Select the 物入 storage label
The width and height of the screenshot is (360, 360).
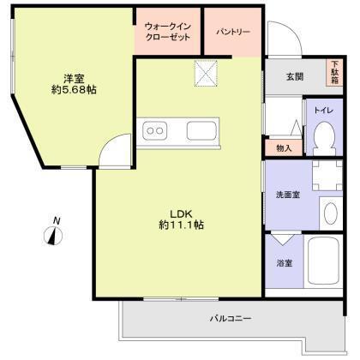coord(284,148)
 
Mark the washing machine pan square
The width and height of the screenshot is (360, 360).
coord(322,177)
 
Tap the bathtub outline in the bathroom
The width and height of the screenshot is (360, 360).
coord(322,262)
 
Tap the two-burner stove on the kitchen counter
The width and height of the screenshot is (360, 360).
coord(156,132)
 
